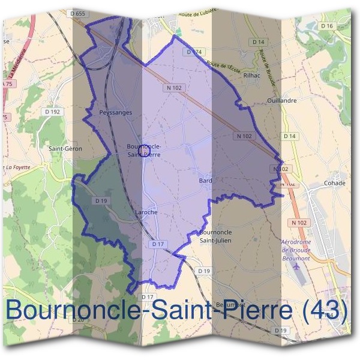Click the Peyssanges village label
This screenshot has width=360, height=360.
pos(115,112)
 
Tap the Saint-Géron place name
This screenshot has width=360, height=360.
pos(65,148)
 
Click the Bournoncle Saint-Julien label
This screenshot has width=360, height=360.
pos(215,236)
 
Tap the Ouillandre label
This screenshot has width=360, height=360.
pos(283,101)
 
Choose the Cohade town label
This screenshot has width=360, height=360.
pos(334,183)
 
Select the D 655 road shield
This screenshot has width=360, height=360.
pos(79,13)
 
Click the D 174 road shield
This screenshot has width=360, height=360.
pos(194,52)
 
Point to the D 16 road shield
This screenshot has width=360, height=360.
pos(326,26)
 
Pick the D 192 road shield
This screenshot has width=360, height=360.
pos(53,111)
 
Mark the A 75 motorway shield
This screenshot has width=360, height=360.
pos(8,85)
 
